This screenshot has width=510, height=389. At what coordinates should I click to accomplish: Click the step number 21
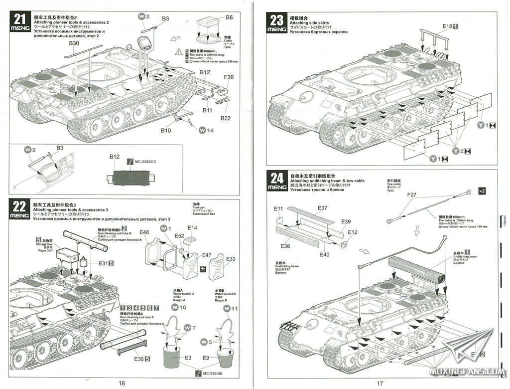click(20, 19)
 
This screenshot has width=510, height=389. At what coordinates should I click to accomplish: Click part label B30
click(74, 43)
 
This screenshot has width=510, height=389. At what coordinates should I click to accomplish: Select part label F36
click(229, 77)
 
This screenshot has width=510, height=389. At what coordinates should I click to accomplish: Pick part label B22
click(225, 118)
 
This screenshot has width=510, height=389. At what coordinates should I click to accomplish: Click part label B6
click(229, 17)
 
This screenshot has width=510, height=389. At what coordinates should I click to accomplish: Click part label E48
click(144, 232)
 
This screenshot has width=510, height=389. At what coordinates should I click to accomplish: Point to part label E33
click(231, 259)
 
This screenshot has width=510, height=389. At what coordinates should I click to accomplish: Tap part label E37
click(322, 208)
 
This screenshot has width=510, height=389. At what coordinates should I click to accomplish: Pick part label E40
click(324, 255)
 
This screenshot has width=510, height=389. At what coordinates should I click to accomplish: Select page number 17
click(380, 383)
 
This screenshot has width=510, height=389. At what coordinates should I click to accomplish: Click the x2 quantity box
click(482, 192)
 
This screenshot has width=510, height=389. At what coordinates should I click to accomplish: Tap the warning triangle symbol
click(179, 52)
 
